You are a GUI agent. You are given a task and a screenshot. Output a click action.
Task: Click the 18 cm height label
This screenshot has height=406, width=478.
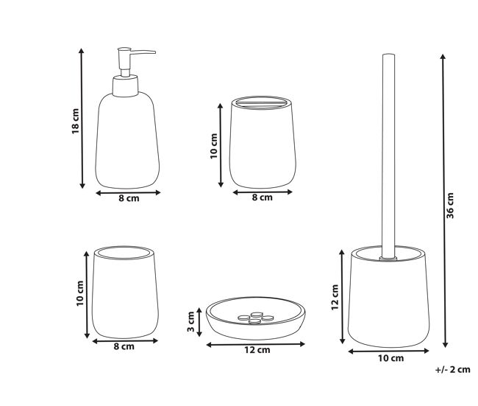(75, 122)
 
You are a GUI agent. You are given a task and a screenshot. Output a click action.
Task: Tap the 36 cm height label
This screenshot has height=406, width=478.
(450, 206)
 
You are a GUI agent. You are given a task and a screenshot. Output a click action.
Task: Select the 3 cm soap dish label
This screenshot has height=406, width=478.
(191, 321)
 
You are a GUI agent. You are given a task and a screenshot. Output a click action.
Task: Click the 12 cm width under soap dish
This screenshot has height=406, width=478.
(257, 350)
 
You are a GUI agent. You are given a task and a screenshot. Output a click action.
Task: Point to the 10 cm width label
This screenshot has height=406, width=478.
(390, 358)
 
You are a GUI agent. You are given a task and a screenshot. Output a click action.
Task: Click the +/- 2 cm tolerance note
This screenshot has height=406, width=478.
(453, 369)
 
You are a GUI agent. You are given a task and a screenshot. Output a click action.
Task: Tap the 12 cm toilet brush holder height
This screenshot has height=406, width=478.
(335, 297)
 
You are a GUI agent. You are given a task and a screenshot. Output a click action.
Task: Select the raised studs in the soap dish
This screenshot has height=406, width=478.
(255, 318)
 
